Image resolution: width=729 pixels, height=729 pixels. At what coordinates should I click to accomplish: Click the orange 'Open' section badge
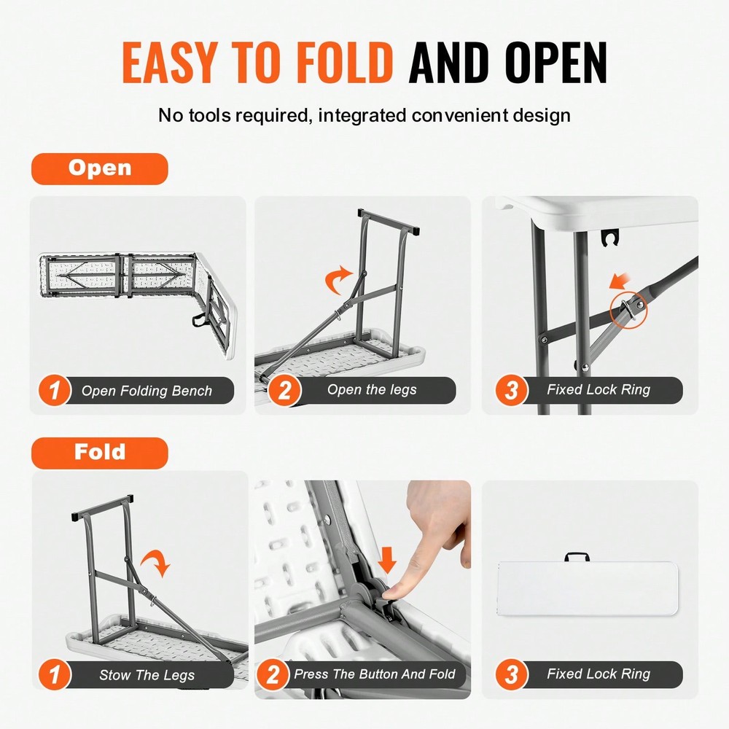99,168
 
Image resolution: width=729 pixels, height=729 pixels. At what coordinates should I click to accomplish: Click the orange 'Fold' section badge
99,453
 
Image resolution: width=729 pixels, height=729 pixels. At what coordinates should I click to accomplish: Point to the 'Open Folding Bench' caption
147,391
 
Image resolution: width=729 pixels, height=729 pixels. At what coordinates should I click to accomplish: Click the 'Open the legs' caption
372,390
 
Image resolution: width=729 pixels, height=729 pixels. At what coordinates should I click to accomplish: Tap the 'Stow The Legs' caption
147,675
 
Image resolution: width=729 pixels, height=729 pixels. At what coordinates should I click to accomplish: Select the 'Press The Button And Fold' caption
374,674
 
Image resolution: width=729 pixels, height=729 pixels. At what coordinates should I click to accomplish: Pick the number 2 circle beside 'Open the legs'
284,391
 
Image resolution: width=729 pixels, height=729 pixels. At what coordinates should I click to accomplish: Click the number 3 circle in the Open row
511,391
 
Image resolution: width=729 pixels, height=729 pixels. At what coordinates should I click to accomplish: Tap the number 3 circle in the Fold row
511,675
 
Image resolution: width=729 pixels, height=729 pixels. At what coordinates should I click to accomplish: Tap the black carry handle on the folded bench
576,558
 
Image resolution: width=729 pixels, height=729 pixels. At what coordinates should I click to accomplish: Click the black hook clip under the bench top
609,238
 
